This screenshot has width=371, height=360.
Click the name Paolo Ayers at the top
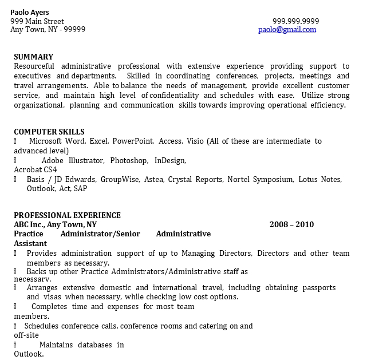[30, 13]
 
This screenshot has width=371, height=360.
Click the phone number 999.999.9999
[295, 22]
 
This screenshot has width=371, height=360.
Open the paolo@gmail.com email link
[287, 30]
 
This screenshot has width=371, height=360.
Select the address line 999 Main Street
[37, 22]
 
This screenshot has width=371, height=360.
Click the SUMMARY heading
[33, 57]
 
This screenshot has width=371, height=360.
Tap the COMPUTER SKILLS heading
[49, 132]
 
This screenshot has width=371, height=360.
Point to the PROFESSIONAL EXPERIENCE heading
[67, 215]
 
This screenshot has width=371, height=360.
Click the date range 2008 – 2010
[291, 224]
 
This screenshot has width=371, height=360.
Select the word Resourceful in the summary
[34, 66]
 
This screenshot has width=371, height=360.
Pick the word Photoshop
[129, 161]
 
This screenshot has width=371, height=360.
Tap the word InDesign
[170, 161]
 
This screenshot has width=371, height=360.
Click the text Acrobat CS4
[35, 170]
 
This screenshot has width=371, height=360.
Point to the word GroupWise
[120, 180]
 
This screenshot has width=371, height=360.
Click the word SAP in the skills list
[81, 188]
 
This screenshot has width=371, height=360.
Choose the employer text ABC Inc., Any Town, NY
[56, 224]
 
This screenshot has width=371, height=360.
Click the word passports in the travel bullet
[318, 287]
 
